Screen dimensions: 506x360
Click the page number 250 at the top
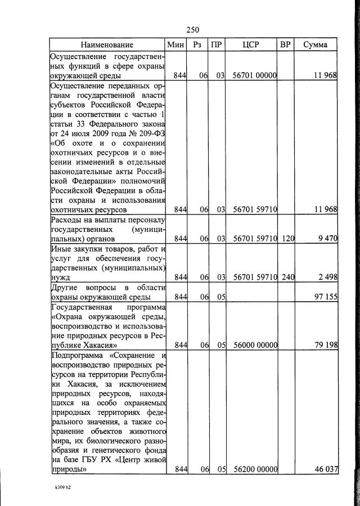tap(192, 30)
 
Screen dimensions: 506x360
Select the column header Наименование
tap(106, 44)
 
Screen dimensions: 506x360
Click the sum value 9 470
tap(327, 239)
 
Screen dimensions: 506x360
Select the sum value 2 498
tap(327, 276)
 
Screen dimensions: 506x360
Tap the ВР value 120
tap(288, 239)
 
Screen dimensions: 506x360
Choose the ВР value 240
tap(288, 276)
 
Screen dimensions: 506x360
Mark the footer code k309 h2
tap(59, 489)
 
